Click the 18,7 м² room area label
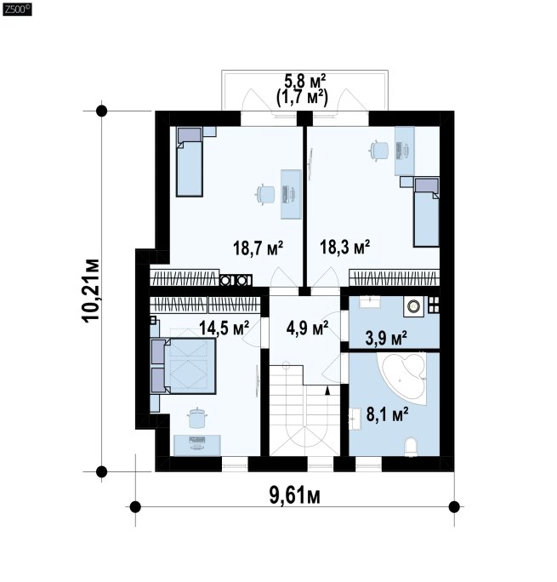tap(259, 248)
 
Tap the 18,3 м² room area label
tap(345, 247)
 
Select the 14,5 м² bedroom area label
tap(224, 328)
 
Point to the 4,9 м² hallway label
tap(308, 328)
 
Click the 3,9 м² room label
tap(386, 338)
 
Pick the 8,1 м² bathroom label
tap(388, 414)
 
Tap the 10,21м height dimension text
tap(91, 290)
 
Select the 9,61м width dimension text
tap(295, 495)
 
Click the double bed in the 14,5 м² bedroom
tap(183, 366)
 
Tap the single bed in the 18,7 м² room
tap(190, 162)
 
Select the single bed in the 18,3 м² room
tap(426, 213)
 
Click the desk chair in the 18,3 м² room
tap(378, 151)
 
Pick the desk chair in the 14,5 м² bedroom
tap(197, 418)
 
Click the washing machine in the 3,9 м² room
tap(413, 306)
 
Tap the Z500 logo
tap(17, 9)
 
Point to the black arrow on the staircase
tap(327, 391)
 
